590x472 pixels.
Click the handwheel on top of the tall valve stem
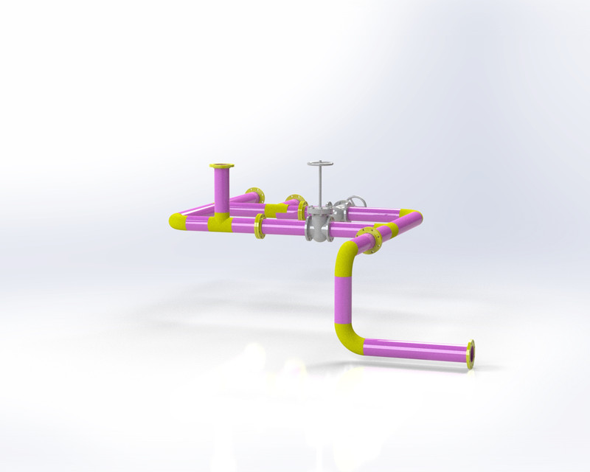click(320, 164)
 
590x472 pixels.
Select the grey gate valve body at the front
click(319, 225)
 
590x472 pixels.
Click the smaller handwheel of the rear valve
click(356, 201)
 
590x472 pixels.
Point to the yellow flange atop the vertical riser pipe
click(221, 166)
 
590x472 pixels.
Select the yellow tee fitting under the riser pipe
click(221, 221)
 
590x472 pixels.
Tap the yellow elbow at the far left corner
click(178, 221)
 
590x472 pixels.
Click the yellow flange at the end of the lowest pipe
click(471, 354)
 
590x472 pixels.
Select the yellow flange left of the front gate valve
click(260, 226)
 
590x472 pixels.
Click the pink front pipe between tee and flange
click(243, 224)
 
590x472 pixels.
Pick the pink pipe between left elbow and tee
click(198, 221)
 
